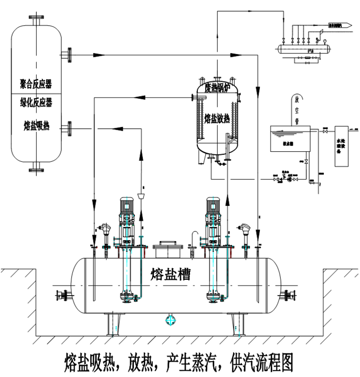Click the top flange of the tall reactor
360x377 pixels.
point(36,19)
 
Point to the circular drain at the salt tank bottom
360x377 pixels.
point(170,319)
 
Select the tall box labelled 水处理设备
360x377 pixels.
point(342,145)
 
